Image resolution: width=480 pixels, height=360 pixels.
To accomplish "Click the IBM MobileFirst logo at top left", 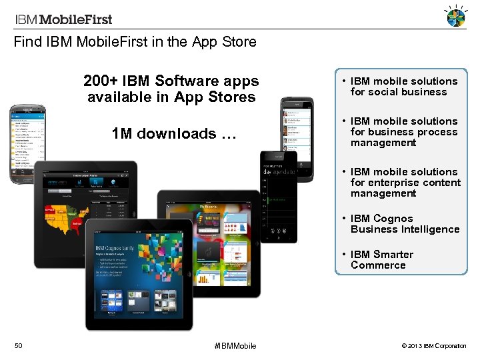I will pos(63,19).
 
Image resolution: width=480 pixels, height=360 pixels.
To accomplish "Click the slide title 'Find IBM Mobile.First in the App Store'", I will pos(135,42).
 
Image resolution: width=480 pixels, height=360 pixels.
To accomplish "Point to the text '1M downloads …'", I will pos(174,134).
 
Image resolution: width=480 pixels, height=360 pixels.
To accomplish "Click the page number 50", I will pos(19,345).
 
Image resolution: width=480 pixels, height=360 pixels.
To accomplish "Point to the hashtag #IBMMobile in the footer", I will pos(235,346).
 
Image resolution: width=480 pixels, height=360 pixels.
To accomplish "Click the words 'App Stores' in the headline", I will pos(215,97).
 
